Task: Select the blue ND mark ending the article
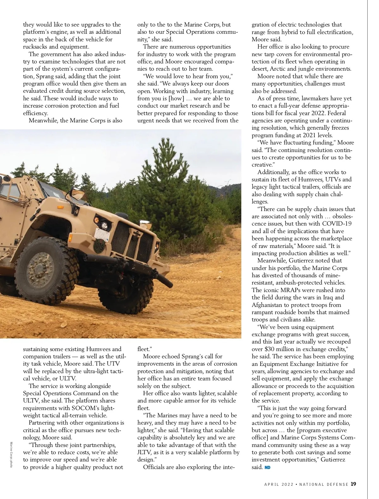coord(268,467)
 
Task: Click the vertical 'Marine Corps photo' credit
coord(11,454)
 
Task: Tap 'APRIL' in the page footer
coord(272,484)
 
